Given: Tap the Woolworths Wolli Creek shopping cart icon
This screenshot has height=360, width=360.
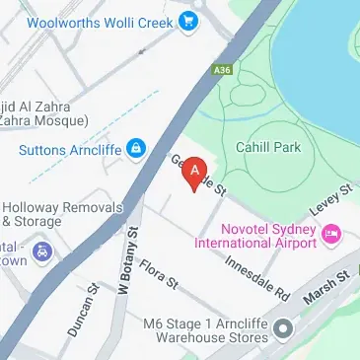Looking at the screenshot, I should tap(184, 21).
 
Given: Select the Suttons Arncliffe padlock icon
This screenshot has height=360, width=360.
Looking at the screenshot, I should tap(136, 150).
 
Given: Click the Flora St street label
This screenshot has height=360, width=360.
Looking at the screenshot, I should tap(158, 273).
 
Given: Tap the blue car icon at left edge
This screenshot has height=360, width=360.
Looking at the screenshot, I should tap(41, 254).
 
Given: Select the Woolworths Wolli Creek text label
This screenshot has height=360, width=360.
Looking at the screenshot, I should tap(95, 21).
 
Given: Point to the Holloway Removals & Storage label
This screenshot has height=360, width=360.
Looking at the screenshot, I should tap(61, 215).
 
